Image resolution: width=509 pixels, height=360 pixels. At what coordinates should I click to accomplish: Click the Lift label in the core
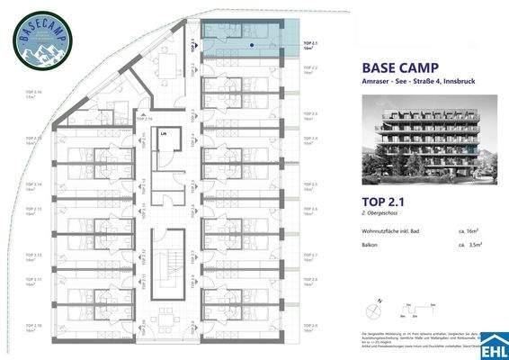(x=164, y=133)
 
